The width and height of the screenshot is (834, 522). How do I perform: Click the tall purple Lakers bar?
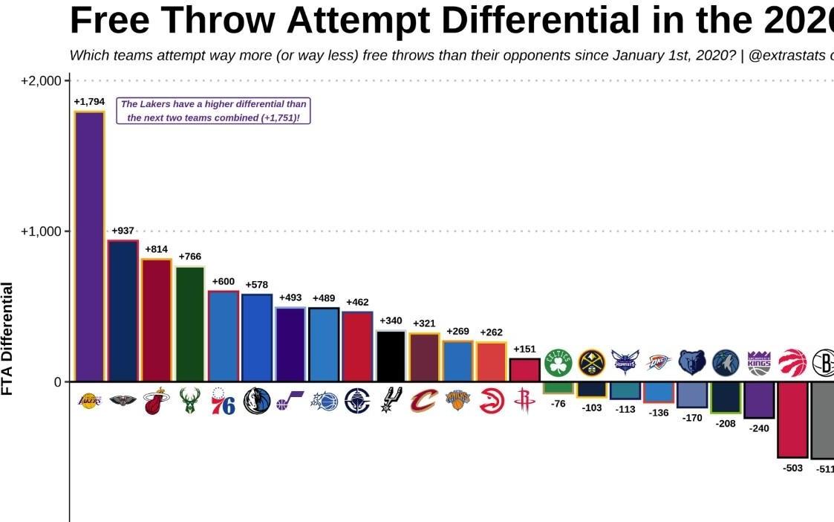[x=89, y=246]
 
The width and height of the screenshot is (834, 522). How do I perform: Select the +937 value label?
[x=123, y=231]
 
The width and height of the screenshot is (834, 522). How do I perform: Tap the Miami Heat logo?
[x=156, y=402]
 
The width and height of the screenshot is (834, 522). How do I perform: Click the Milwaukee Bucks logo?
[x=189, y=402]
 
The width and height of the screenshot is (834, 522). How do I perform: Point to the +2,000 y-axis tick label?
[x=41, y=80]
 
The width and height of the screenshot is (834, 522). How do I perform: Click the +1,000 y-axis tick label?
[x=41, y=231]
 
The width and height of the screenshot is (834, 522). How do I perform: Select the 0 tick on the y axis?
[x=58, y=382]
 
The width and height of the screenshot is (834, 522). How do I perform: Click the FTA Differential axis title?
[x=8, y=338]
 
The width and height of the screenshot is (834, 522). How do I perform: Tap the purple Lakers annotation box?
[x=213, y=111]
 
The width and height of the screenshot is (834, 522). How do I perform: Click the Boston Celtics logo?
[x=558, y=363]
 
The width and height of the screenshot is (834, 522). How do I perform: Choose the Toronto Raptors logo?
[x=792, y=363]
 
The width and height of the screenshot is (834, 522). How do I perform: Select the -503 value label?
[x=792, y=468]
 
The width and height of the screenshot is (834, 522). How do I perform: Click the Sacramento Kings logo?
[x=759, y=363]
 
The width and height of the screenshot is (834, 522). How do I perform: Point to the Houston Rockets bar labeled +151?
[x=524, y=370]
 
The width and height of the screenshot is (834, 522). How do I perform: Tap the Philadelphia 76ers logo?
[x=223, y=402]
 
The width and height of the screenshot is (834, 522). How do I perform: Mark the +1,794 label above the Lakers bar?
[x=89, y=101]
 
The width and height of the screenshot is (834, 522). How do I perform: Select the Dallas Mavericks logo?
[x=257, y=402]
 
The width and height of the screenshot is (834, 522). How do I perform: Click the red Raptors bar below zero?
[x=792, y=419]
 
